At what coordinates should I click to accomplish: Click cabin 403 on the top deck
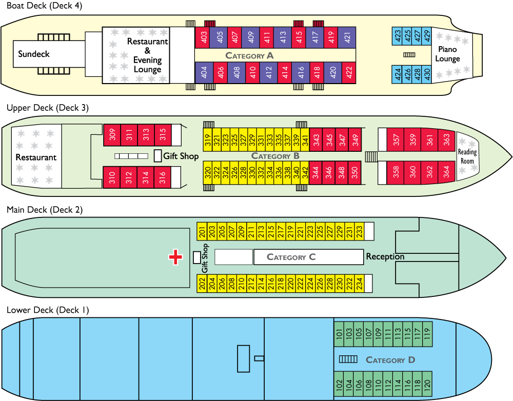click(204, 37)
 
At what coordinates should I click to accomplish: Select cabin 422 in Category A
click(349, 74)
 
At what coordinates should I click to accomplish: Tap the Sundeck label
click(34, 54)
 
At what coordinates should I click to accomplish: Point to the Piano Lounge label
click(447, 54)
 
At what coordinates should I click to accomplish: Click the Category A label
click(249, 55)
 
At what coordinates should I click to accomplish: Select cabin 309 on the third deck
click(112, 135)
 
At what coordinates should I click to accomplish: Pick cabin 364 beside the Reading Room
click(446, 172)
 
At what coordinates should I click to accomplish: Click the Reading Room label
click(467, 156)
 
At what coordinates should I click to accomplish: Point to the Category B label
click(275, 156)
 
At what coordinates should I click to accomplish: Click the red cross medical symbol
click(175, 257)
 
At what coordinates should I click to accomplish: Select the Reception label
click(385, 256)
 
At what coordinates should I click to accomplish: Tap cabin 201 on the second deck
click(202, 232)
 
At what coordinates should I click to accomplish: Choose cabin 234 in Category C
click(359, 284)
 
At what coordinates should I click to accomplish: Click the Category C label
click(291, 257)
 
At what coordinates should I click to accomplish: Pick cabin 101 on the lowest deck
click(339, 333)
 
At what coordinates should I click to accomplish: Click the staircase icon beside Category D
click(348, 359)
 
